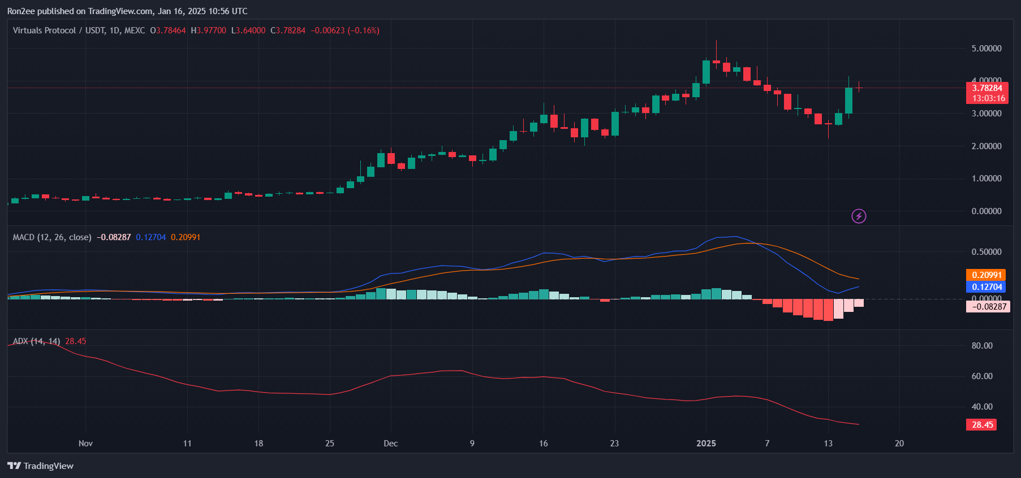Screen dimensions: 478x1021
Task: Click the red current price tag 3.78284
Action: click(987, 88)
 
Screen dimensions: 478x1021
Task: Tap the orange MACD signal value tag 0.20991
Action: click(986, 275)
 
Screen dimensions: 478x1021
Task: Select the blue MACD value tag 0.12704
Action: click(986, 287)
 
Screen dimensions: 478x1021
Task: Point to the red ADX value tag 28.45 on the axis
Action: click(981, 425)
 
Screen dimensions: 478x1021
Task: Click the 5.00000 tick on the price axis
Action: click(986, 49)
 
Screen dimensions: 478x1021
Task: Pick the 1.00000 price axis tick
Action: click(986, 179)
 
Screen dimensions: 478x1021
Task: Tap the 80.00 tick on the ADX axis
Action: click(981, 346)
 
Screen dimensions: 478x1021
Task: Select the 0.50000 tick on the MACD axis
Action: click(986, 252)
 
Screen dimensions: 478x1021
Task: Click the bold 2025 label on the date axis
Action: click(706, 444)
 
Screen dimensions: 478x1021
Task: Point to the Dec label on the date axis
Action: click(390, 444)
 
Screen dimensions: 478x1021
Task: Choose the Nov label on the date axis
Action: click(85, 444)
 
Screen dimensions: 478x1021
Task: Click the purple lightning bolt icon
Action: click(859, 216)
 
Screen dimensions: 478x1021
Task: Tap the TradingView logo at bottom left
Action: click(40, 466)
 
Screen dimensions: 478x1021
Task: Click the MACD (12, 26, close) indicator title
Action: click(52, 237)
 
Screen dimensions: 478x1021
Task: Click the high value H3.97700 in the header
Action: click(208, 31)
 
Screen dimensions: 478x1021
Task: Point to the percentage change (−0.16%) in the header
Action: click(363, 31)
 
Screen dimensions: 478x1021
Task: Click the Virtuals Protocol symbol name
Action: click(44, 31)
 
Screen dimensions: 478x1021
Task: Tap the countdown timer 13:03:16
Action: click(988, 98)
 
